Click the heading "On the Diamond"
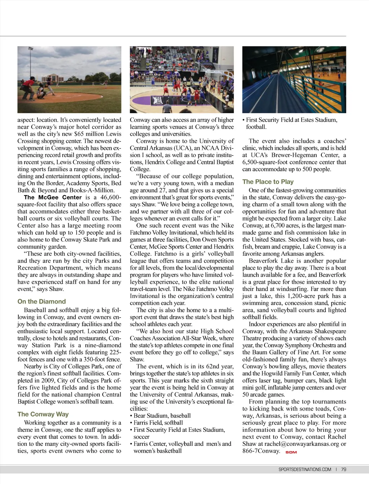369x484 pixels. [41, 302]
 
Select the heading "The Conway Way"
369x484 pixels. [43, 414]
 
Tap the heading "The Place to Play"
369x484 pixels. [268, 182]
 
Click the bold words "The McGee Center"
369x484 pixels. [53, 197]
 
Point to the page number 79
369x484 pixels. [343, 469]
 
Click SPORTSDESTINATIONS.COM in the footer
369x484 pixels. [304, 469]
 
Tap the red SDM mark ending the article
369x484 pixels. [291, 452]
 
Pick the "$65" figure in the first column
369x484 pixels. [79, 134]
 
